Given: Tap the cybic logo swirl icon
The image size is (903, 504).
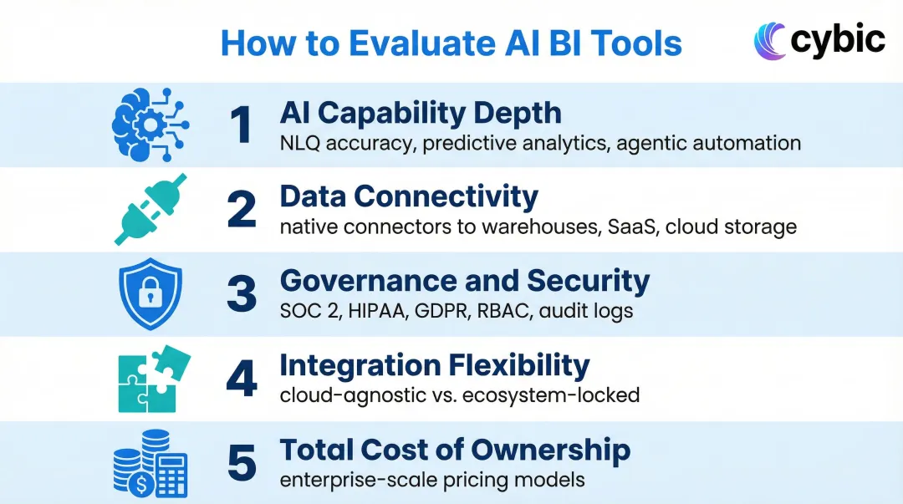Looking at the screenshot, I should tap(769, 41).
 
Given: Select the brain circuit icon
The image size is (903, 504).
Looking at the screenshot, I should tap(150, 125).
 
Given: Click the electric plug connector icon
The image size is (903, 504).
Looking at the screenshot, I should tap(150, 209).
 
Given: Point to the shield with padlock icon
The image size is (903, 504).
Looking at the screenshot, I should tap(150, 294).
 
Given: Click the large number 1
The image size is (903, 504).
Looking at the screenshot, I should tap(241, 125).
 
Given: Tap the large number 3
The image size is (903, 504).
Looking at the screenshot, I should tap(242, 294).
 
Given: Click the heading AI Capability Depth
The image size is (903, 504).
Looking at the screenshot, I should tap(420, 113).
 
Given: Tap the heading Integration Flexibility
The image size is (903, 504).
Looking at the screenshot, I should tap(434, 365).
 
